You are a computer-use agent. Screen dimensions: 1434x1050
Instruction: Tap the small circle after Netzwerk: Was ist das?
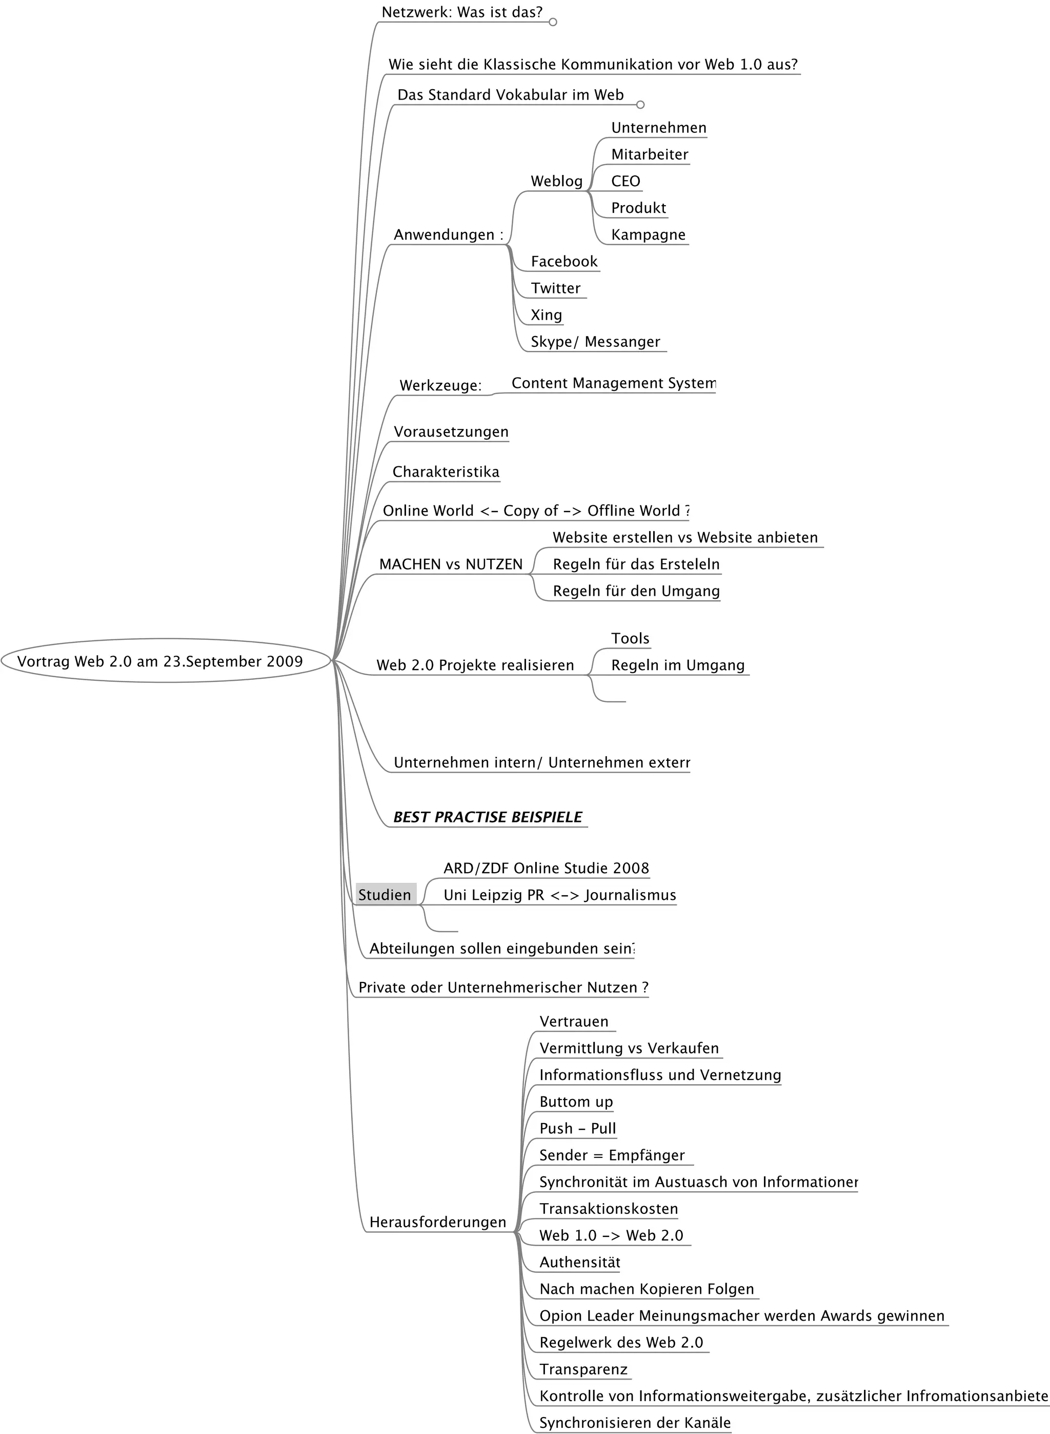(x=553, y=22)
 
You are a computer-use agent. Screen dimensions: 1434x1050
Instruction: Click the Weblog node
(x=556, y=181)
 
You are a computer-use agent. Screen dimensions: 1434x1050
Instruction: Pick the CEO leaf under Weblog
(x=625, y=181)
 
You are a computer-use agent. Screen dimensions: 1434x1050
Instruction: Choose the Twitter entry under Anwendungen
(x=556, y=288)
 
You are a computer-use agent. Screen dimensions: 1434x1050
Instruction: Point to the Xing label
(x=546, y=315)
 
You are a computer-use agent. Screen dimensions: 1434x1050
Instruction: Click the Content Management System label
(x=613, y=383)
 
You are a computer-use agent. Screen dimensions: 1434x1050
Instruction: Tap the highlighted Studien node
(x=385, y=895)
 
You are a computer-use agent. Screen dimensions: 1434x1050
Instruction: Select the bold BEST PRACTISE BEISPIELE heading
(x=488, y=817)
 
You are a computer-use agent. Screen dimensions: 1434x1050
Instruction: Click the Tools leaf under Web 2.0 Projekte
(x=630, y=638)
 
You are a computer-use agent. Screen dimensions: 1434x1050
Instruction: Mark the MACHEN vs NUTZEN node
(x=451, y=564)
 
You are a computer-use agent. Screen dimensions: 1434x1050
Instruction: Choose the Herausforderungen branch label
(x=437, y=1222)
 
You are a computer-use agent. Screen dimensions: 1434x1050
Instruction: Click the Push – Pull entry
(x=577, y=1128)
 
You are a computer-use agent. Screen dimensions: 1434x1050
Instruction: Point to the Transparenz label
(x=583, y=1369)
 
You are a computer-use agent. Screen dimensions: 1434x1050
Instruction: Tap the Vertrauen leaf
(x=573, y=1022)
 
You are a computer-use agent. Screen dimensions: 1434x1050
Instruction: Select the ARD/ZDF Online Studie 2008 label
(x=546, y=868)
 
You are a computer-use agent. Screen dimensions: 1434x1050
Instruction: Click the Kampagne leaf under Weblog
(x=648, y=234)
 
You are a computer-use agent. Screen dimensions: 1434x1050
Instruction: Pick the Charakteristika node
(x=446, y=472)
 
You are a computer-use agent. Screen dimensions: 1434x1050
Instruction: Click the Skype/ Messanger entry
(x=595, y=342)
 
